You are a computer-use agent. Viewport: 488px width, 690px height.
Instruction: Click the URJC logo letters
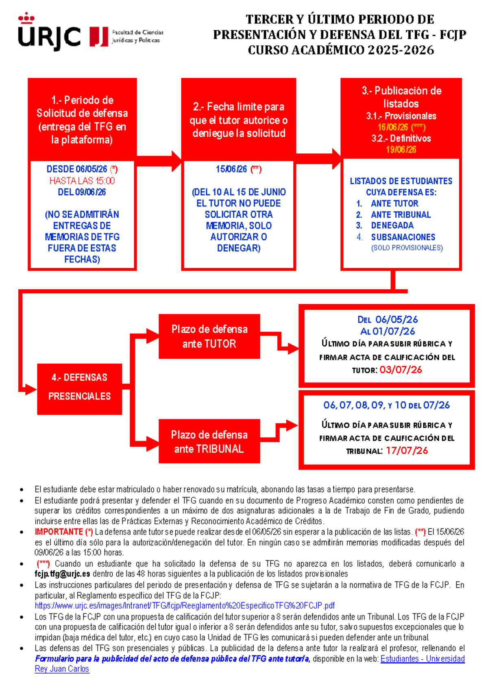49,37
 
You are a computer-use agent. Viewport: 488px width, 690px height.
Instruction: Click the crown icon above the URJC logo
26,18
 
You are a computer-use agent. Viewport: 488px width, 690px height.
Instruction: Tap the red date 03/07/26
401,370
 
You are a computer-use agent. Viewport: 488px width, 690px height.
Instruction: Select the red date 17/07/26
407,451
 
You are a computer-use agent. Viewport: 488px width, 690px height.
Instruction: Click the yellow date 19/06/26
401,150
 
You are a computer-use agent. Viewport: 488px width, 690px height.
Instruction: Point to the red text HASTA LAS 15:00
82,181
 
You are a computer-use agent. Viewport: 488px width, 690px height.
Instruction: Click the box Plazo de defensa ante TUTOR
209,336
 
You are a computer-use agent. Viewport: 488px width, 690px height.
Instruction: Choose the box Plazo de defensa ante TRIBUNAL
209,441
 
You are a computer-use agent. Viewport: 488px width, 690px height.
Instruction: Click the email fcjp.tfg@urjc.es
62,574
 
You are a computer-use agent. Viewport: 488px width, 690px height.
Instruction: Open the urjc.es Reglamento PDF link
185,605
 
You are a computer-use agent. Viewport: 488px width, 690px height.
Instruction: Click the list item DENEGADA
392,225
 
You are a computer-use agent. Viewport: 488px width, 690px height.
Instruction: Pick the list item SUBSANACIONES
403,237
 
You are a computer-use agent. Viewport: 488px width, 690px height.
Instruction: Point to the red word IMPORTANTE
59,532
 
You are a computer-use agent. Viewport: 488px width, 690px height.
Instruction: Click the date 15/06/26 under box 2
231,169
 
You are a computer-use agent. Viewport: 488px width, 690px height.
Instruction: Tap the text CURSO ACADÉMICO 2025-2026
341,50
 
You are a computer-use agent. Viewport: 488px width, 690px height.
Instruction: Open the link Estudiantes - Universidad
422,659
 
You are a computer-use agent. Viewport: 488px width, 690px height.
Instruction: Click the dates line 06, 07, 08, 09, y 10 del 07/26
386,405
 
